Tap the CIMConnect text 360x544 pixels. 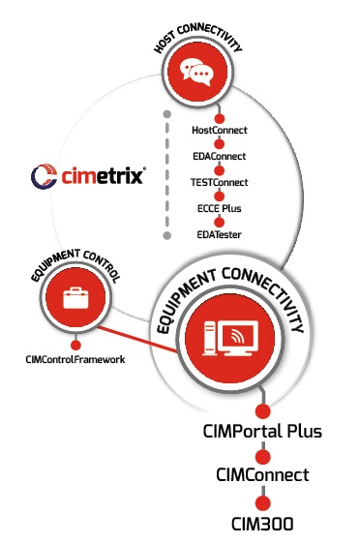263,474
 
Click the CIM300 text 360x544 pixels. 263,524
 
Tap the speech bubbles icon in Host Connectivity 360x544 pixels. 198,72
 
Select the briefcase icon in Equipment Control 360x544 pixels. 75,298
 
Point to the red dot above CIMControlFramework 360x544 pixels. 75,343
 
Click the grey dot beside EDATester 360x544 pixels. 167,235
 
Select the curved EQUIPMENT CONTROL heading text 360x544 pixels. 73,263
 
